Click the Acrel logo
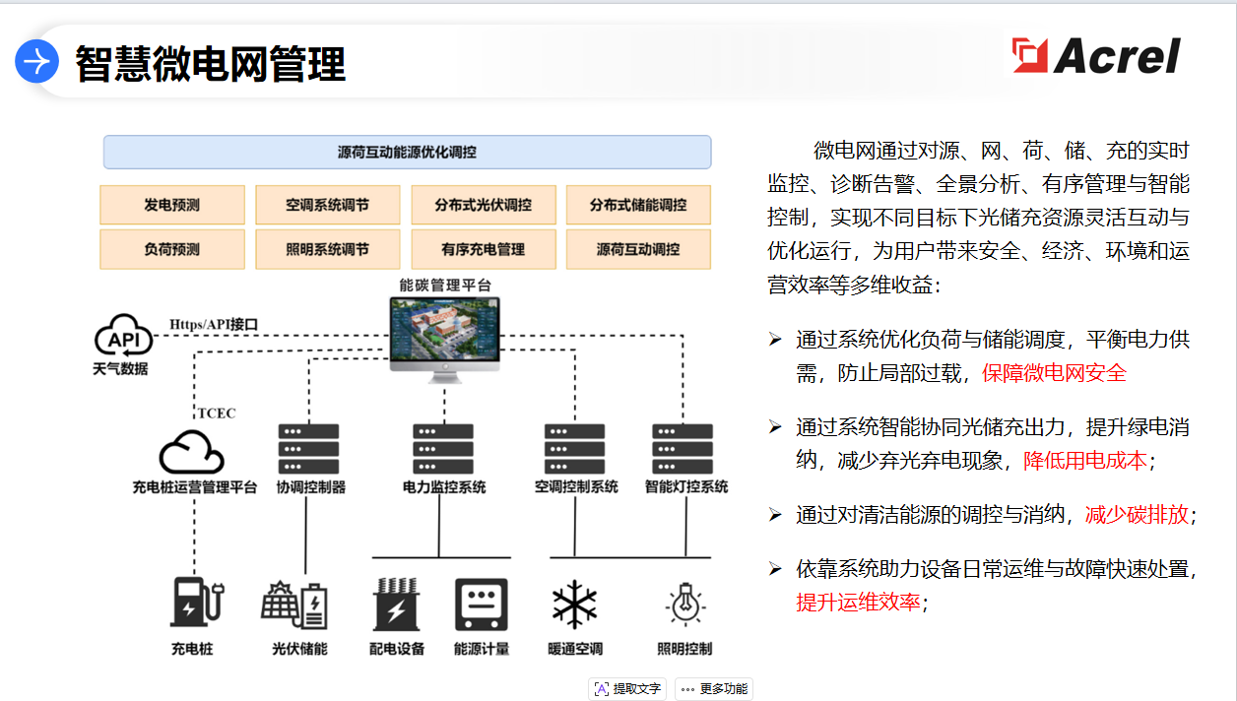tap(1096, 55)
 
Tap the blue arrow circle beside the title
tap(37, 62)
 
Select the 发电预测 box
tap(172, 205)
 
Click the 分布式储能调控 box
tap(638, 205)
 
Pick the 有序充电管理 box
tap(483, 249)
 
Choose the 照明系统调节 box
tap(328, 249)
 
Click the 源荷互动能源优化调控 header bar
tap(407, 153)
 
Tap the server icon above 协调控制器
tap(308, 449)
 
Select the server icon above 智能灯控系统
tap(683, 449)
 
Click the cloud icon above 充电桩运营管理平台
tap(192, 452)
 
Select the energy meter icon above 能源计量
tap(482, 604)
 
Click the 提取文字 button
tap(627, 689)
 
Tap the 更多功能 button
tap(714, 689)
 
